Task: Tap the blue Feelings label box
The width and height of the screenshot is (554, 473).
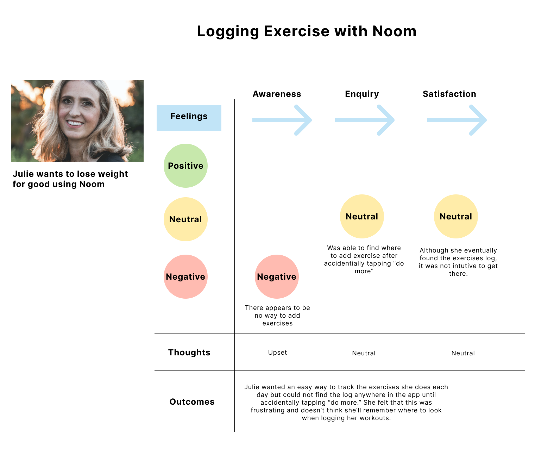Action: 189,118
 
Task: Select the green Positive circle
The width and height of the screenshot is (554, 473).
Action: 185,166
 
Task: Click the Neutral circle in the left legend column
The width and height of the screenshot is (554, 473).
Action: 185,219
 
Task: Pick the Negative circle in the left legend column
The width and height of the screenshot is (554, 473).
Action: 185,276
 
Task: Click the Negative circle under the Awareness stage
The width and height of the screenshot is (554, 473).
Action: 277,276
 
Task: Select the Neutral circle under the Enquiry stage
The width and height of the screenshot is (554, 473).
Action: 362,216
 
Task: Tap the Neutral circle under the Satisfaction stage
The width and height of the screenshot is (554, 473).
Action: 456,216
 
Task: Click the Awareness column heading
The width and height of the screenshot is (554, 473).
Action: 277,94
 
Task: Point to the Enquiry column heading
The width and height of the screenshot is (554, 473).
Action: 362,94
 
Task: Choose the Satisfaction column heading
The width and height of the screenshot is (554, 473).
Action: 449,94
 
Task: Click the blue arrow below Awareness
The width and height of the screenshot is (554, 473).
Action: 282,120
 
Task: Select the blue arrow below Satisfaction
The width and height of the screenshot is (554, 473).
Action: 457,120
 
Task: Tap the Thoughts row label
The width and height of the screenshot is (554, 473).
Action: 189,352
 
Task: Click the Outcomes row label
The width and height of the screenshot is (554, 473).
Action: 192,402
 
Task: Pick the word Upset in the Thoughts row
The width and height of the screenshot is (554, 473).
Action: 277,353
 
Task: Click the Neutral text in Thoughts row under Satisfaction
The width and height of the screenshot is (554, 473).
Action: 463,353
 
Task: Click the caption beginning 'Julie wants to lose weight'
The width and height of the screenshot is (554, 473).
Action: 70,179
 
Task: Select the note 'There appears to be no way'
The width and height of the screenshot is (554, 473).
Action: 277,315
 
